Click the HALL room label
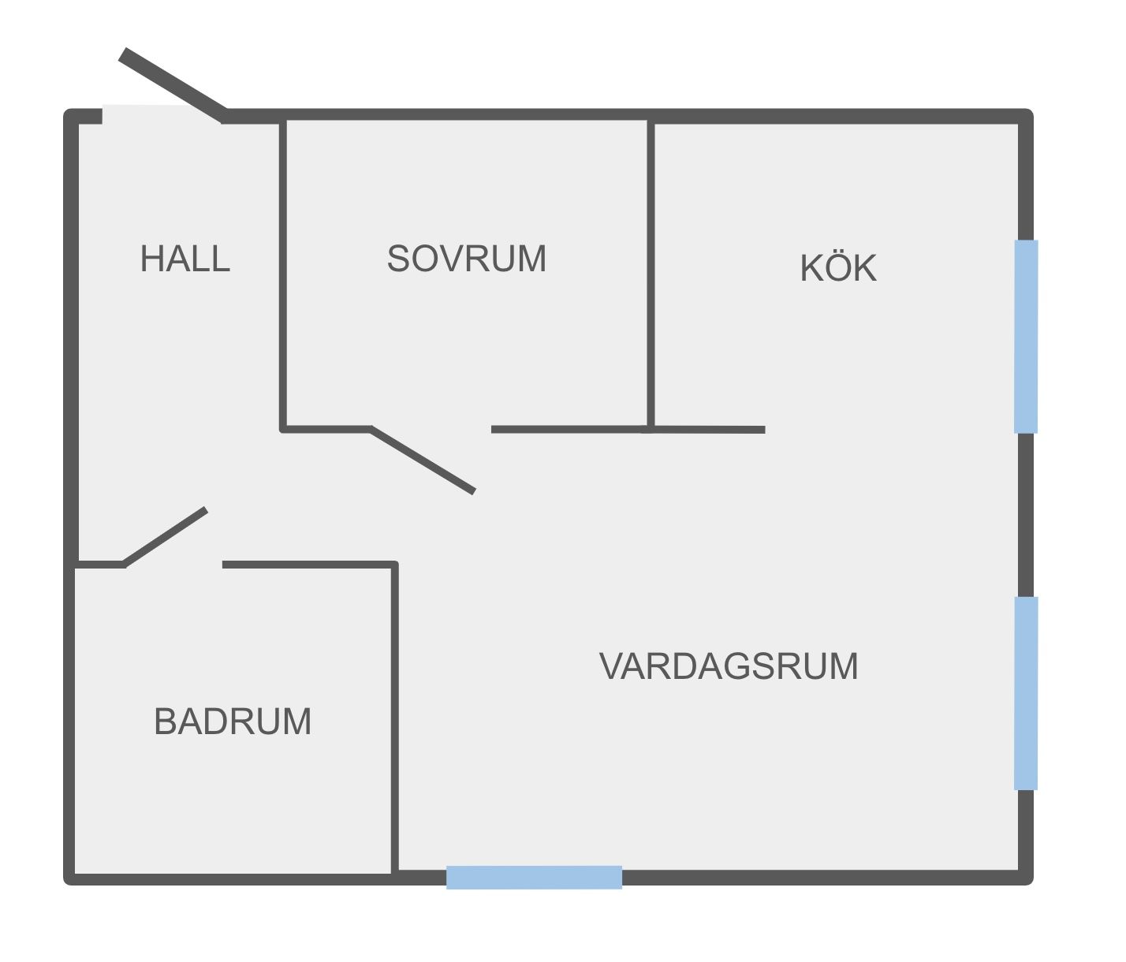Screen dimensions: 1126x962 (x=185, y=259)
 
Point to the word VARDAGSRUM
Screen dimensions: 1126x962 (x=729, y=666)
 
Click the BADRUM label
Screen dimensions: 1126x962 (x=233, y=721)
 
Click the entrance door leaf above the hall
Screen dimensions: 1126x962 (x=173, y=85)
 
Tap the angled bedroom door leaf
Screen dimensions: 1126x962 (x=423, y=460)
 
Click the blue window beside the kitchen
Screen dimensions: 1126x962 (x=1026, y=337)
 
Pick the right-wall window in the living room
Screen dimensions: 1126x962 (x=1026, y=693)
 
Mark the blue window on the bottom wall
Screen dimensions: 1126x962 (x=534, y=877)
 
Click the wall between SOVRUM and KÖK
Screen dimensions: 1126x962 (x=651, y=274)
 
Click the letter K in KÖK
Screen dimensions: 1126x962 (x=811, y=269)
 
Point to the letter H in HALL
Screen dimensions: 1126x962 (x=151, y=259)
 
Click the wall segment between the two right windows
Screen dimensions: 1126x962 (x=1026, y=515)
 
